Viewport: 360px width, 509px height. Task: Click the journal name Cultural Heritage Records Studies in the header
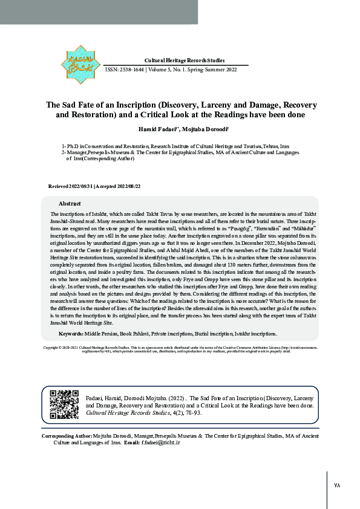185,60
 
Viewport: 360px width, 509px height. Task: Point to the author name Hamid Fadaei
155,129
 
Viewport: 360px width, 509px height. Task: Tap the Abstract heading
70,203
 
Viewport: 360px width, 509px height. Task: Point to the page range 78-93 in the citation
202,413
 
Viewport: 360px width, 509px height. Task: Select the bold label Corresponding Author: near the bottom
67,436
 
